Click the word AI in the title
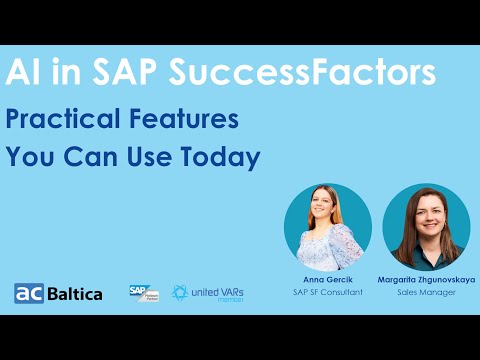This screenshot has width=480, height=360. click(x=22, y=72)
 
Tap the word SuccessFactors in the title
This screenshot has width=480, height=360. click(x=301, y=72)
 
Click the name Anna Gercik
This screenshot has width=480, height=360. click(x=327, y=278)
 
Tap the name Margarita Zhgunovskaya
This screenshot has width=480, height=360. click(x=426, y=278)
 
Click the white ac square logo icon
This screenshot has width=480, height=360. click(x=27, y=293)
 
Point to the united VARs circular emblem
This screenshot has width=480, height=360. click(x=180, y=292)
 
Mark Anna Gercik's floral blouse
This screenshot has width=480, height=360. click(x=326, y=248)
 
